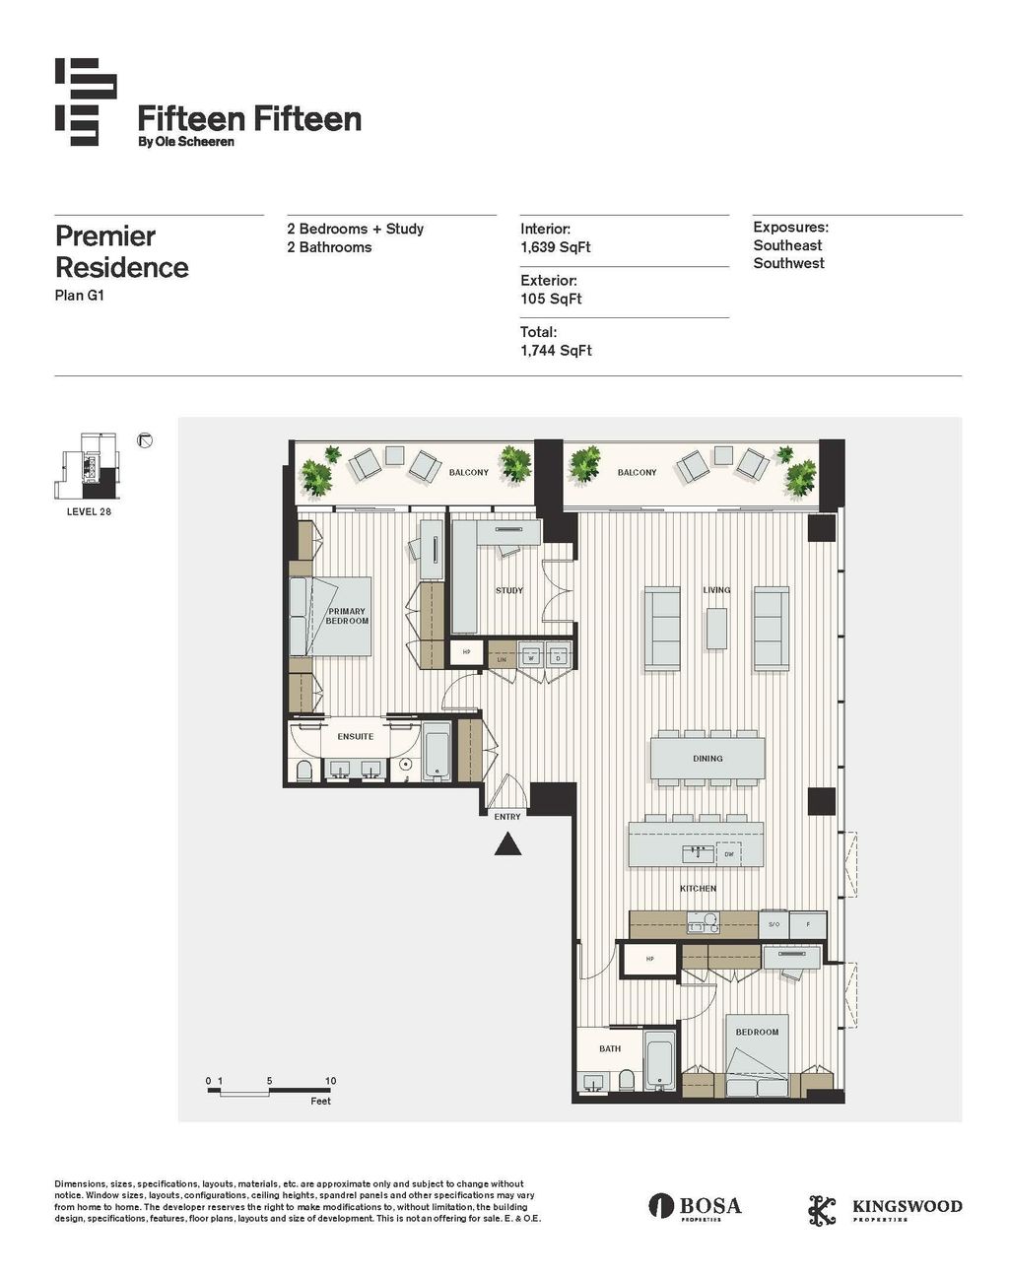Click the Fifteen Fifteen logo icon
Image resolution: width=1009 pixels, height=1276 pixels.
86,102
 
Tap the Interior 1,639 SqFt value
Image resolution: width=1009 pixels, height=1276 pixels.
556,247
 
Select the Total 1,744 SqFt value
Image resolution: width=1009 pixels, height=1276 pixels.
556,351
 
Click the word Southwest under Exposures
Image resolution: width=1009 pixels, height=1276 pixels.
788,263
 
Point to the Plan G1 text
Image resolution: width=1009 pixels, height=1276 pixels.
79,295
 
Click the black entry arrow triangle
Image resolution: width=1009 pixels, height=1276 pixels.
507,843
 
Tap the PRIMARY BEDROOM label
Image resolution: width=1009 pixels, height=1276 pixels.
347,616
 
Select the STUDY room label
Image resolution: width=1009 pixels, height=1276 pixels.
509,590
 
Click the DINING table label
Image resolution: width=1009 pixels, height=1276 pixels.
707,759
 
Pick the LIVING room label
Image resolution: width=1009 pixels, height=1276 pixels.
716,590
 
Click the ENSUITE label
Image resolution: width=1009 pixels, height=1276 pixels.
356,737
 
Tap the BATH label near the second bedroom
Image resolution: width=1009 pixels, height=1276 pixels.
610,1048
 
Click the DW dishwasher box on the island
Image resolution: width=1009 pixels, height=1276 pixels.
728,854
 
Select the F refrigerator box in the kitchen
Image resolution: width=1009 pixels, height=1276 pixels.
809,925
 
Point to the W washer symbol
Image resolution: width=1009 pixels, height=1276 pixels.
532,657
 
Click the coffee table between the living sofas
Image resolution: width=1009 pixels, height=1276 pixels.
716,629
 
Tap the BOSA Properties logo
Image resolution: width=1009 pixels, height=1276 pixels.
695,1206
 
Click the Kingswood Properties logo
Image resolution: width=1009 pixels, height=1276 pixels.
885,1208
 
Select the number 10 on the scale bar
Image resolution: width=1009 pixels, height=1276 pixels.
330,1081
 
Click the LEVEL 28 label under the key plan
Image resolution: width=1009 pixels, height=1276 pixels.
89,511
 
